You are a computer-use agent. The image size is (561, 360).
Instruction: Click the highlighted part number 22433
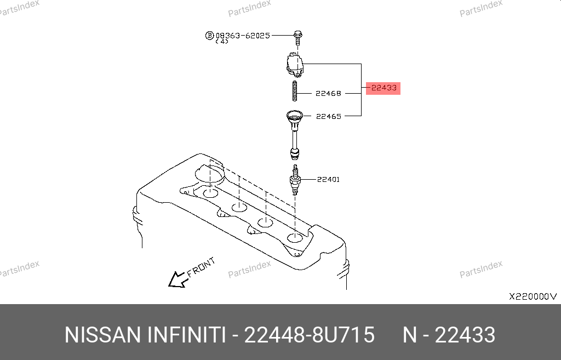(x=384, y=88)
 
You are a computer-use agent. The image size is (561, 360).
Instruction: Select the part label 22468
(x=329, y=93)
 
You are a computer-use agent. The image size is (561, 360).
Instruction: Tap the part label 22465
(x=329, y=116)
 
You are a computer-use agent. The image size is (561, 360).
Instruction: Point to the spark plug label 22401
(x=329, y=179)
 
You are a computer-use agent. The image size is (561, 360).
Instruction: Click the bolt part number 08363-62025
(x=243, y=36)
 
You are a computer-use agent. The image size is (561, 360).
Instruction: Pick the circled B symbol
(x=209, y=36)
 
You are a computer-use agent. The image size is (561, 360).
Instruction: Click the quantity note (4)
(x=222, y=42)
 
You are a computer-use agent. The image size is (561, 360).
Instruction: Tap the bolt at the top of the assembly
(x=297, y=38)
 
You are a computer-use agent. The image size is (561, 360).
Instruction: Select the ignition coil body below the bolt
(x=295, y=65)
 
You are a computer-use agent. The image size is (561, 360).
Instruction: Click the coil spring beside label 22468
(x=294, y=91)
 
